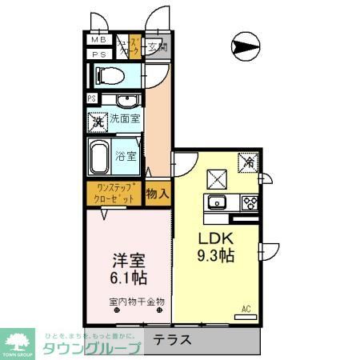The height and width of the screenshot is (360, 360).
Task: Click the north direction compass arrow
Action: click(x=246, y=46)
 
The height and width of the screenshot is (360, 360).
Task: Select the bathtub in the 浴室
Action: click(x=100, y=158)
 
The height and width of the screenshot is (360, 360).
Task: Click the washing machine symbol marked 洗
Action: click(x=98, y=124)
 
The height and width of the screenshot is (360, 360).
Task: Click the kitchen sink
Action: click(x=217, y=202)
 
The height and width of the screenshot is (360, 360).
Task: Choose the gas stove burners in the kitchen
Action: click(x=249, y=202)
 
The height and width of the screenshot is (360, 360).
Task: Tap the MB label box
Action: click(x=98, y=40)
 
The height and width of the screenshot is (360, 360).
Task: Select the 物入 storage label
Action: click(x=157, y=193)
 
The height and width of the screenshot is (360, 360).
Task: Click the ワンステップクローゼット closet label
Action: click(x=114, y=194)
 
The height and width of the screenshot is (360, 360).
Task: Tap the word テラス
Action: click(x=172, y=339)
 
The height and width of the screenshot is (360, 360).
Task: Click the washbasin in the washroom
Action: click(x=124, y=101)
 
